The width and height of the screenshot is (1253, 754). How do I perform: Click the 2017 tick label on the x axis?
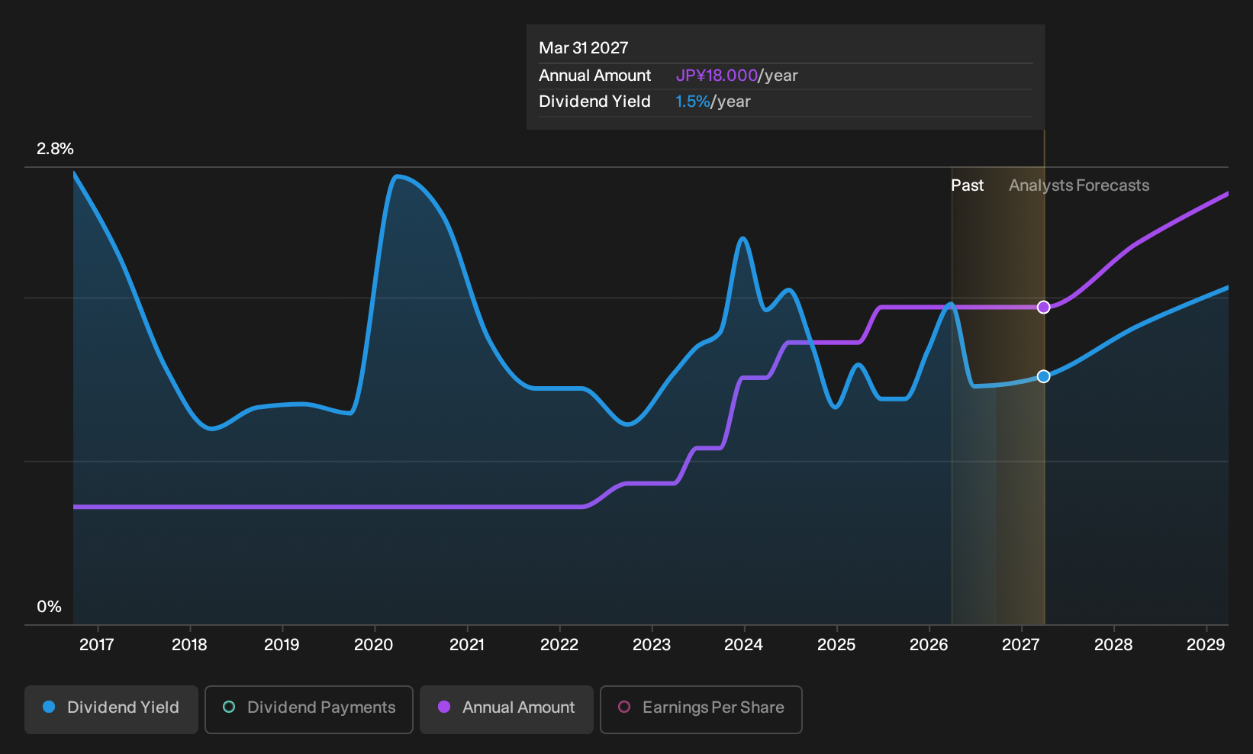click(96, 644)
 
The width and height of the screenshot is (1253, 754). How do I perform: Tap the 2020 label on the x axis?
click(374, 644)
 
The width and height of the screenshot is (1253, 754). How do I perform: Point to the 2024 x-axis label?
click(743, 644)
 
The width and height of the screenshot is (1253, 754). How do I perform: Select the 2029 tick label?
click(1206, 644)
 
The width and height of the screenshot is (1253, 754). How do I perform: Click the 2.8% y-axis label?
click(55, 149)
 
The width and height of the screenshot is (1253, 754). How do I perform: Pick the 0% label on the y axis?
click(50, 607)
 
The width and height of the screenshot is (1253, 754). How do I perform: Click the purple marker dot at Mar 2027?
click(1043, 307)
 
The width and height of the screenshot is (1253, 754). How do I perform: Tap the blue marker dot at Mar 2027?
click(1043, 376)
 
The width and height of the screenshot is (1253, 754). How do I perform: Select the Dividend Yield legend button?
click(111, 709)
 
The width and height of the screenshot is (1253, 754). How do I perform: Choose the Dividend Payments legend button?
click(309, 709)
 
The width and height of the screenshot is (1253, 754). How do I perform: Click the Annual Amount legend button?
click(506, 709)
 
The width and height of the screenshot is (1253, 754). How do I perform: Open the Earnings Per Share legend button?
click(701, 709)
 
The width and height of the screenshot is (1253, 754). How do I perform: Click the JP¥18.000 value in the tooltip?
click(717, 76)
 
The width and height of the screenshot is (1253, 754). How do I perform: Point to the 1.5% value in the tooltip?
click(692, 101)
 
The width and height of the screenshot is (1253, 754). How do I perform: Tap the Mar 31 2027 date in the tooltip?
click(584, 48)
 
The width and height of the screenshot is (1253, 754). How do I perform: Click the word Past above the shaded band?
click(967, 185)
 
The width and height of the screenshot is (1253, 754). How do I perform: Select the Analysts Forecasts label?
click(1079, 185)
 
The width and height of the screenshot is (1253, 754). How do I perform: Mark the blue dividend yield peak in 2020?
click(397, 176)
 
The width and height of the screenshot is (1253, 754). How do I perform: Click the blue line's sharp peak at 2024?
click(742, 239)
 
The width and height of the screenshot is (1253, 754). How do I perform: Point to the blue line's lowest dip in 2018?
click(211, 428)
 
